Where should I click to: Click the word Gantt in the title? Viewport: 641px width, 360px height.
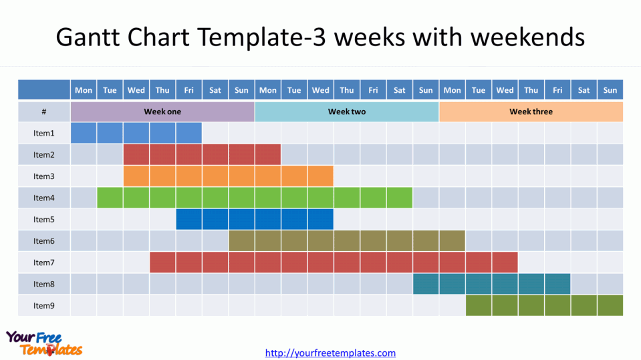click(x=88, y=37)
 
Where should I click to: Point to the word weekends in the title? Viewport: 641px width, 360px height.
click(x=528, y=37)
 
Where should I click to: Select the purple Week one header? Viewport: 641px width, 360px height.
click(x=162, y=112)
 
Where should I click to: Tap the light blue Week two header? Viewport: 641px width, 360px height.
click(x=347, y=112)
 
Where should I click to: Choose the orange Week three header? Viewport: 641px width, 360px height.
click(x=531, y=112)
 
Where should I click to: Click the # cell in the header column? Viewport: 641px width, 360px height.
click(x=43, y=112)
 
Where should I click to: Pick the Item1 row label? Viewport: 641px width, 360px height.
click(x=43, y=133)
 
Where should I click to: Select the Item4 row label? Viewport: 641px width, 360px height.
click(x=43, y=198)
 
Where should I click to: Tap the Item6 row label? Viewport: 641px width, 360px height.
click(x=43, y=241)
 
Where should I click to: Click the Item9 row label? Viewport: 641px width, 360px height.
click(x=43, y=306)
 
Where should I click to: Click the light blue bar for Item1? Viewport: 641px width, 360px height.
click(x=136, y=133)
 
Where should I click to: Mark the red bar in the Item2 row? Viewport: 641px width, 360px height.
click(x=202, y=154)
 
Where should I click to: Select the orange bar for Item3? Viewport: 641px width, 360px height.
click(x=228, y=176)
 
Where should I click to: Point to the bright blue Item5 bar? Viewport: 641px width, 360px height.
click(x=255, y=220)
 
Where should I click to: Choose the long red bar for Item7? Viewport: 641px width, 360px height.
click(x=334, y=262)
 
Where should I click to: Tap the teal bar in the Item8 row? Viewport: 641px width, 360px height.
click(x=492, y=284)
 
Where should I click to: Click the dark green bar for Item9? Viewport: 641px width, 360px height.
click(x=545, y=306)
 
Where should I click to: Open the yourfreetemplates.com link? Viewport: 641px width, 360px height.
click(x=330, y=353)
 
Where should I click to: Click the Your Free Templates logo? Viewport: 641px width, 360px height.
click(x=44, y=343)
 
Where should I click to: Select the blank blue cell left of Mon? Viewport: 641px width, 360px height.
click(x=43, y=90)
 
